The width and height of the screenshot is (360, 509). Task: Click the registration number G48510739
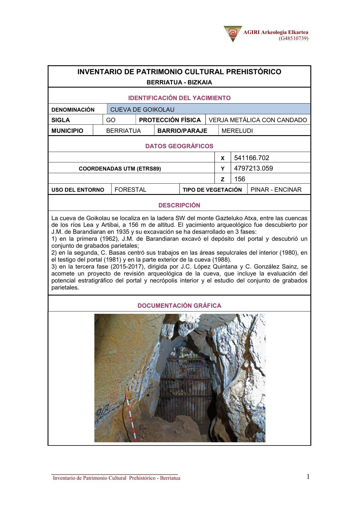coord(294,38)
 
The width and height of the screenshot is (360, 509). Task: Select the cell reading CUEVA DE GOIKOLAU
coord(142,109)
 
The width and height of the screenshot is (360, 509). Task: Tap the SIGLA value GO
coord(111,120)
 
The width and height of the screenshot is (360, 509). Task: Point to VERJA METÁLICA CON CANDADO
coord(258,120)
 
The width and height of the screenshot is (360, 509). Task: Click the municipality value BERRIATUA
coord(123,131)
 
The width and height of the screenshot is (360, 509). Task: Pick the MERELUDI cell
coord(237,131)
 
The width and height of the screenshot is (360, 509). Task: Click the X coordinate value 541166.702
coord(252,158)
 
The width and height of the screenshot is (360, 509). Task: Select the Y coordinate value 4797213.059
coord(253,168)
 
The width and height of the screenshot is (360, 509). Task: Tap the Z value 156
coord(240,179)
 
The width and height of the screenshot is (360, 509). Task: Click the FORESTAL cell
coord(131,190)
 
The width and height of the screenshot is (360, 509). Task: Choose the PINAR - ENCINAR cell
coord(276,190)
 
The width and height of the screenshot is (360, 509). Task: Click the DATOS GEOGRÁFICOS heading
coord(179,146)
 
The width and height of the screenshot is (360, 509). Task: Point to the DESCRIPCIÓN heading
coord(179,205)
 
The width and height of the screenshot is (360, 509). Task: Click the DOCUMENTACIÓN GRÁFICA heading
coord(179,306)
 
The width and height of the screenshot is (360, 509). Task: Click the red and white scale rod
coord(130,415)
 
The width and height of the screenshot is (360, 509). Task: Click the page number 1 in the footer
coord(308,476)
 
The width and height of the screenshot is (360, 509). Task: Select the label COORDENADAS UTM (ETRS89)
coord(120,169)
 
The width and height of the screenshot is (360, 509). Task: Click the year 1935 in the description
coord(122,232)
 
